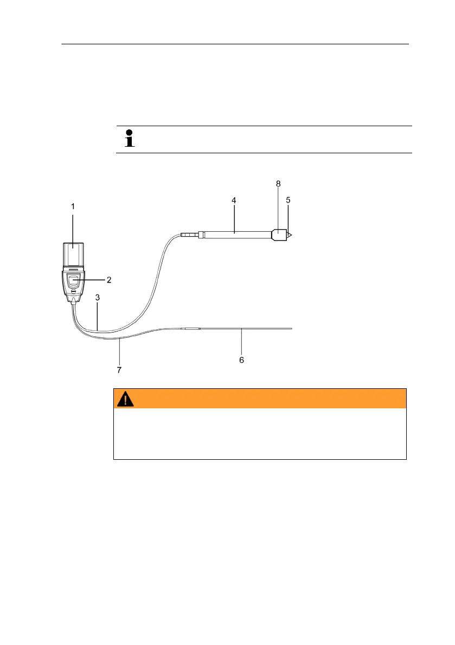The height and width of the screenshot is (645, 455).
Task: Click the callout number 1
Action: coord(73,206)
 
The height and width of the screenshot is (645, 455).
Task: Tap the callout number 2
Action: coord(108,280)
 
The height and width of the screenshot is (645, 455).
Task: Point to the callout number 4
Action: coord(234,200)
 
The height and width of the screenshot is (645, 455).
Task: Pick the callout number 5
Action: coord(289,200)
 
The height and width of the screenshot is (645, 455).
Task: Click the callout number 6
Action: coord(242,360)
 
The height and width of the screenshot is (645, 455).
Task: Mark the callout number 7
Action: coord(119,370)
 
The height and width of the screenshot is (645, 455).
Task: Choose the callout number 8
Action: coord(278,184)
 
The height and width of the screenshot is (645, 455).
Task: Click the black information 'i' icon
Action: coord(129,139)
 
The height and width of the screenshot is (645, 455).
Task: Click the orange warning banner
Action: coord(260,398)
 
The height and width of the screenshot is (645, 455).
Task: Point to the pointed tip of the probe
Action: coord(290,236)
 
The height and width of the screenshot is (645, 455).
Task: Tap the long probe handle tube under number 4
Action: coord(236,234)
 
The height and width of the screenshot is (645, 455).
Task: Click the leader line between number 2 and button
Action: coord(93,280)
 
